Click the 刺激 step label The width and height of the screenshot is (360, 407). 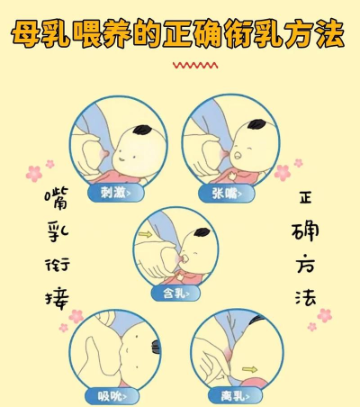115,193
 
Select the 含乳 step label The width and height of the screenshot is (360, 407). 175,293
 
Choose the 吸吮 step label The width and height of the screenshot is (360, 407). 112,396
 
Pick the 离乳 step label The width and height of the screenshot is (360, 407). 235,396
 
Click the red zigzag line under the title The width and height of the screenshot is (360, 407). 195,65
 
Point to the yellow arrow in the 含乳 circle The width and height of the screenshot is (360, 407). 146,234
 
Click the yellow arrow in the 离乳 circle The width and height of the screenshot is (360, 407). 249,369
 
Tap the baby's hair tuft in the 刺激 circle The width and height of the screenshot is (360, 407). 141,130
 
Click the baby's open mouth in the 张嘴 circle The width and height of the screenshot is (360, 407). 238,156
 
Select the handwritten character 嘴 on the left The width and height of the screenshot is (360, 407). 57,198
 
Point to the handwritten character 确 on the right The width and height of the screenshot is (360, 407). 305,231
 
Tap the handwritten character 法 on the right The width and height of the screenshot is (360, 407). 306,298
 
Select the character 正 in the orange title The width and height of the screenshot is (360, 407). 178,33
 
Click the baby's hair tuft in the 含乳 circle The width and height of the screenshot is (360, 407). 202,232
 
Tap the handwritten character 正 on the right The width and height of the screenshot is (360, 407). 306,198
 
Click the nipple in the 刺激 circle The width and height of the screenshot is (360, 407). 105,154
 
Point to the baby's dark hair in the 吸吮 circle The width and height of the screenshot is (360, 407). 156,348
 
